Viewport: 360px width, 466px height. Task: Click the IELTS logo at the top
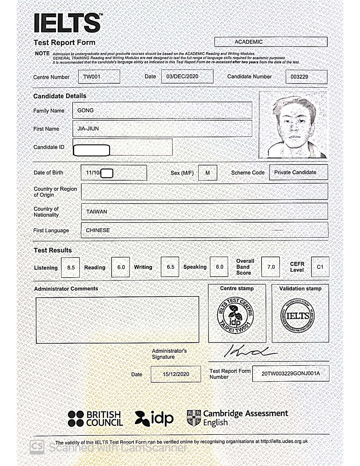(x=67, y=23)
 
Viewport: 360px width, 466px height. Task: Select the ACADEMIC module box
(x=270, y=42)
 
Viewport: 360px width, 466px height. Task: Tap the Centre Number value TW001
(x=92, y=76)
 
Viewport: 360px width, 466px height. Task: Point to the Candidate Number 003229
(x=299, y=77)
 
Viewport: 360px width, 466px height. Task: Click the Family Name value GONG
(x=85, y=110)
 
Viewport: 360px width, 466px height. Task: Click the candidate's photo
(x=293, y=124)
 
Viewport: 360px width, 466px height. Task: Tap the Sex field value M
(x=208, y=172)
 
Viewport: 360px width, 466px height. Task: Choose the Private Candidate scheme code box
(x=295, y=172)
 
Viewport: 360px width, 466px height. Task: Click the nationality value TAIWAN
(x=97, y=212)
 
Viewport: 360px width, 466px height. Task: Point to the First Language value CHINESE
(x=98, y=230)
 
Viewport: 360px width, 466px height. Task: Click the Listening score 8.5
(x=71, y=267)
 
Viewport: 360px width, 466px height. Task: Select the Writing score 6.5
(x=170, y=267)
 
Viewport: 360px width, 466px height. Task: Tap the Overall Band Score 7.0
(x=271, y=267)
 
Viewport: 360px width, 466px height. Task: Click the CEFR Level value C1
(x=320, y=267)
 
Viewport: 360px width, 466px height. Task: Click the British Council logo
(x=95, y=418)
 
